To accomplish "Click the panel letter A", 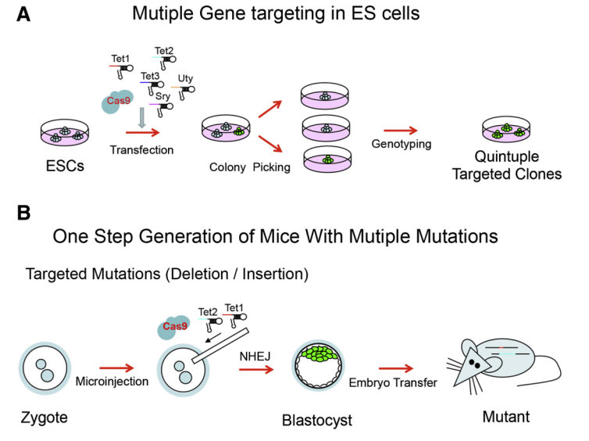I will tap(24, 14).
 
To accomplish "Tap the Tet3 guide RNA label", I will tap(149, 77).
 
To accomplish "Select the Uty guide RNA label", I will tap(185, 79).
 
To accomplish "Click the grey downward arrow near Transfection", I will tap(141, 117).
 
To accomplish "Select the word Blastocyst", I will tap(317, 420).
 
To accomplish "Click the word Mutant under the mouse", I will tap(505, 417).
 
